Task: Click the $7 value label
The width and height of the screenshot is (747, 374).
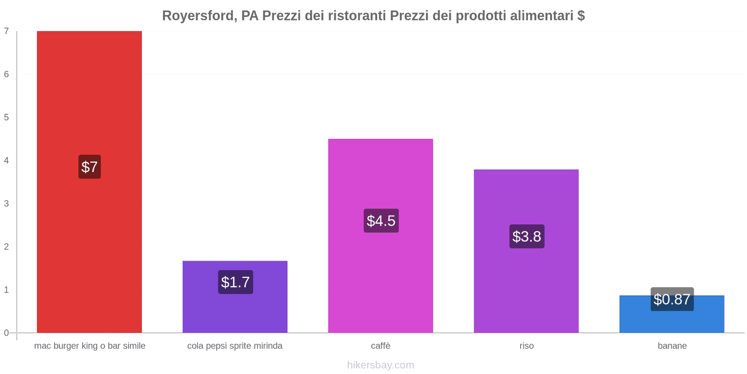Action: pyautogui.click(x=90, y=167)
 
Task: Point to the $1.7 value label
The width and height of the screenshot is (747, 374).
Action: pyautogui.click(x=235, y=282)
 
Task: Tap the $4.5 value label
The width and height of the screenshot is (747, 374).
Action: pyautogui.click(x=381, y=221)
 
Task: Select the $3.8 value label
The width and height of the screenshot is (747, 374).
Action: pyautogui.click(x=527, y=237)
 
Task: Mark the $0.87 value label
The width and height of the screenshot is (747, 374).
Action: pyautogui.click(x=672, y=299)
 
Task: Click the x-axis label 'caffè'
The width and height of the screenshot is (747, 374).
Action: pyautogui.click(x=381, y=346)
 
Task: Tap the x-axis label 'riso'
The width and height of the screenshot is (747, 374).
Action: pyautogui.click(x=526, y=346)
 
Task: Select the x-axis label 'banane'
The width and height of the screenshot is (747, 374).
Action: pyautogui.click(x=672, y=346)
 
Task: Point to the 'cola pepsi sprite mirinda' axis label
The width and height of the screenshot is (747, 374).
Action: pyautogui.click(x=235, y=346)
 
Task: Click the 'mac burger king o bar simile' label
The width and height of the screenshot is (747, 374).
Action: pyautogui.click(x=90, y=346)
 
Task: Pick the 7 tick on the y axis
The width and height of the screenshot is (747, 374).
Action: pyautogui.click(x=7, y=31)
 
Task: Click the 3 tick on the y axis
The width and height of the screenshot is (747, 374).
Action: pyautogui.click(x=7, y=203)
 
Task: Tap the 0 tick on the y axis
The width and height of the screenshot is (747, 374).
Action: pyautogui.click(x=7, y=333)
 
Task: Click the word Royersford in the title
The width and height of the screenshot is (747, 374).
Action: pyautogui.click(x=197, y=16)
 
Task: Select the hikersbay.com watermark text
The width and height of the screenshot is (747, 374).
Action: pyautogui.click(x=381, y=365)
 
